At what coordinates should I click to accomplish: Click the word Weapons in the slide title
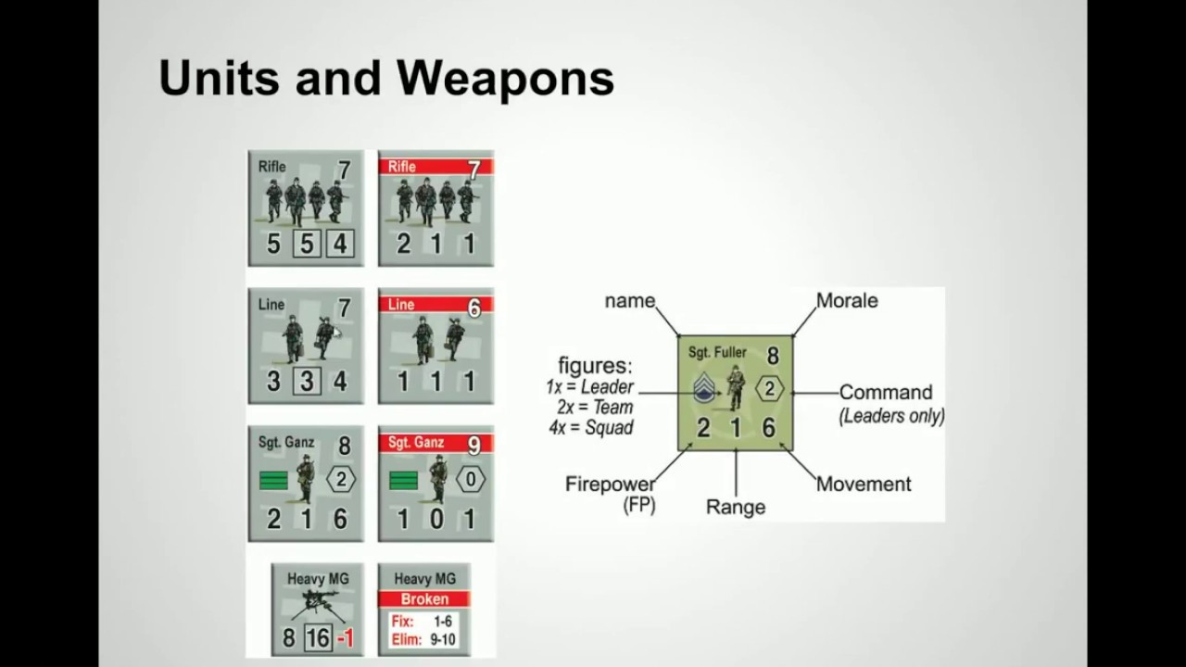click(x=506, y=78)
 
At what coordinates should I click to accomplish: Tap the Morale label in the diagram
click(x=847, y=301)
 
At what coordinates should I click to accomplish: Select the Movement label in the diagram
click(x=864, y=484)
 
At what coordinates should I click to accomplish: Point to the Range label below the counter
click(x=736, y=507)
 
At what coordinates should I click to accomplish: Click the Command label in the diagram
click(x=886, y=392)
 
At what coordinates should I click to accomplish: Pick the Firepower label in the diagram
click(x=610, y=484)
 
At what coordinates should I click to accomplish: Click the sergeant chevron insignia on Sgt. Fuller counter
click(x=704, y=387)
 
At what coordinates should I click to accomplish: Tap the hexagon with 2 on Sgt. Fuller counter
click(x=769, y=389)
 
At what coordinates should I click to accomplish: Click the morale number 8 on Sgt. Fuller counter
click(x=773, y=356)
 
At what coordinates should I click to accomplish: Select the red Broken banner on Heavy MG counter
click(x=424, y=598)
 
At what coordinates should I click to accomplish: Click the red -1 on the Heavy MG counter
click(x=346, y=638)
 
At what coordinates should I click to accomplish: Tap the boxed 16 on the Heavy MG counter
click(x=318, y=638)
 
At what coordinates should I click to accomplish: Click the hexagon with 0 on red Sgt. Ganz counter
click(x=470, y=480)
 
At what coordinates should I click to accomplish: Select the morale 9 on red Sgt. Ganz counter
click(x=473, y=446)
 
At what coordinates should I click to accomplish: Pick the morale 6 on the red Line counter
click(x=473, y=308)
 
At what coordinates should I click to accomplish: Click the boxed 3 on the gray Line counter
click(x=307, y=381)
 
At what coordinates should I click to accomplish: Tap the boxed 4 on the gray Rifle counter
click(x=340, y=244)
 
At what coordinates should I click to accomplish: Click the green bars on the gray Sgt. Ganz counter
click(x=273, y=481)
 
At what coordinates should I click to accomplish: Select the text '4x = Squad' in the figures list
click(x=591, y=427)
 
